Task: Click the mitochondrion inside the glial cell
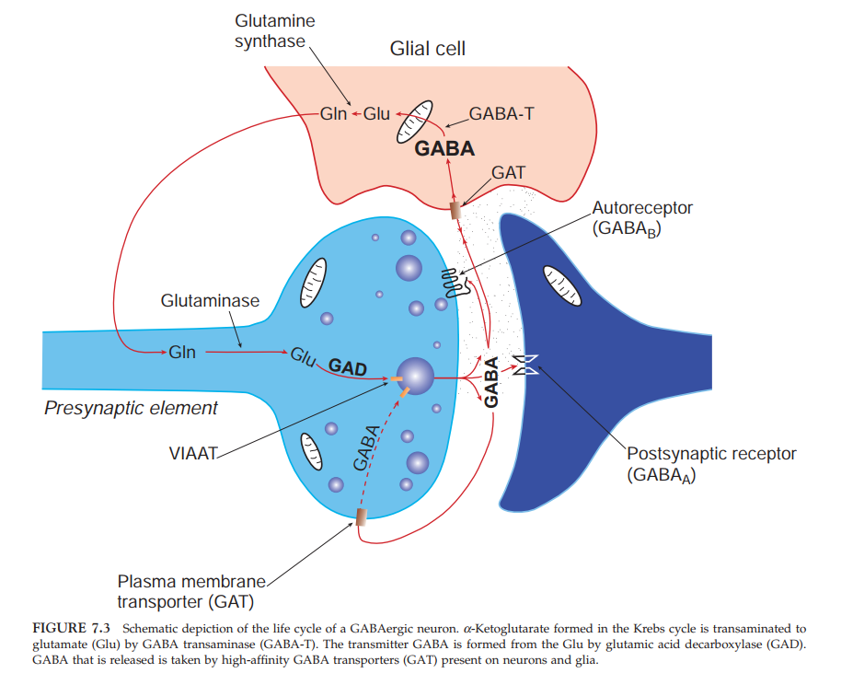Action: pos(414,120)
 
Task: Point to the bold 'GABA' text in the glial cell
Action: pos(444,148)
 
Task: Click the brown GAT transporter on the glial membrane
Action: pos(455,210)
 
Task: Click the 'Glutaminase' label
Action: pos(210,301)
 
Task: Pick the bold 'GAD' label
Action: pos(348,368)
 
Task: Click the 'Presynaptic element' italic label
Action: pos(131,408)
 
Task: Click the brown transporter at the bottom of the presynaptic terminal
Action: pos(361,517)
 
